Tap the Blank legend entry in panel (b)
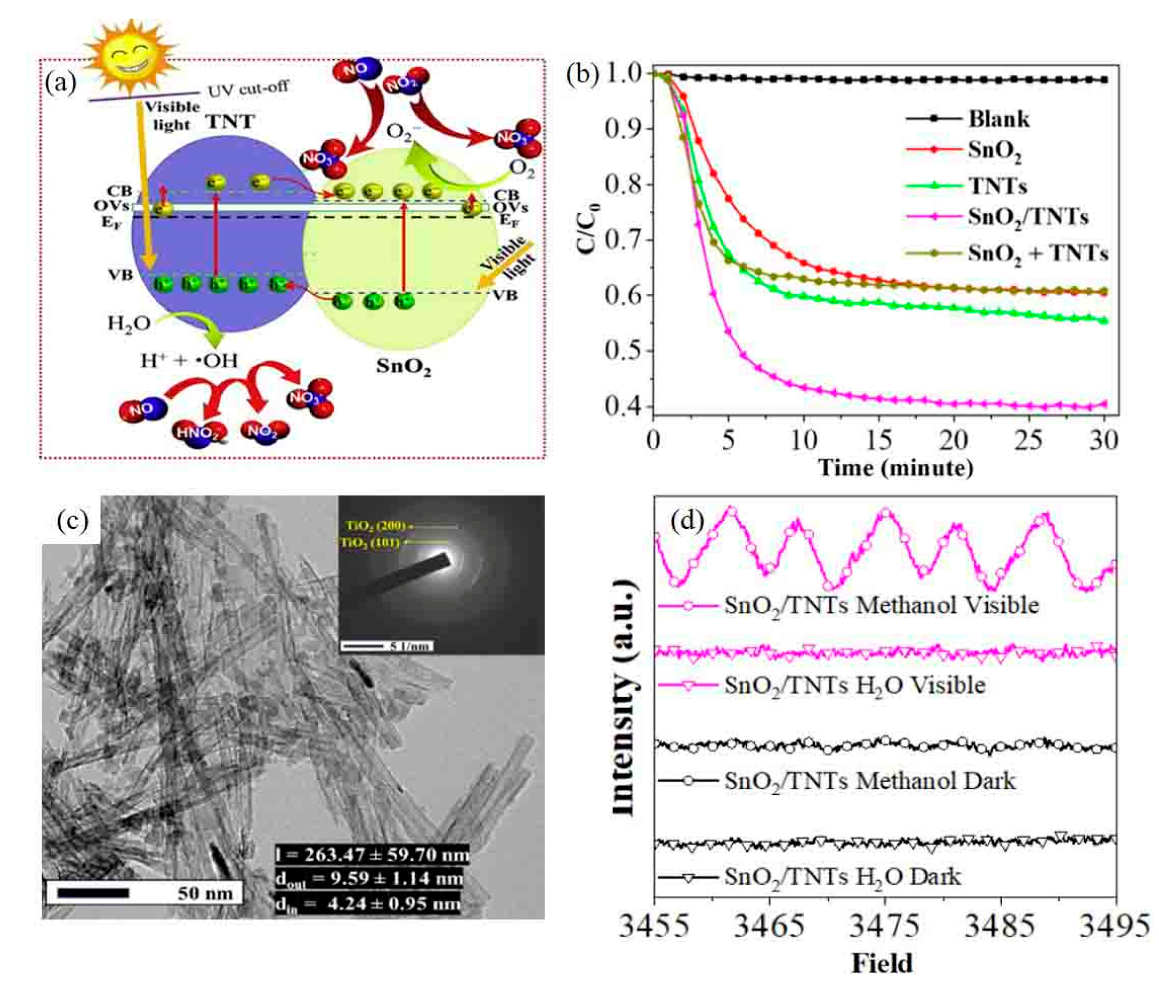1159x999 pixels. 998,119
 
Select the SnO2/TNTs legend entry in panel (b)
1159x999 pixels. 1027,217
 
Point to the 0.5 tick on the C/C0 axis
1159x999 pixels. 623,350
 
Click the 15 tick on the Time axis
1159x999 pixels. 879,440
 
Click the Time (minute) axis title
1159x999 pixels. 895,468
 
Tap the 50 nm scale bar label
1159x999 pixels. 205,893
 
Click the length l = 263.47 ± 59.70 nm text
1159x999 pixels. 372,855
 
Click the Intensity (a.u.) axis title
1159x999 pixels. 623,699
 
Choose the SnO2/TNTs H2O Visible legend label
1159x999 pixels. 854,685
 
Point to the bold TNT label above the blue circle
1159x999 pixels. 230,122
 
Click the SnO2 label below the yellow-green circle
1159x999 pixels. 403,366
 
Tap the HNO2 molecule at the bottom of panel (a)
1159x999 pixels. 199,433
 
